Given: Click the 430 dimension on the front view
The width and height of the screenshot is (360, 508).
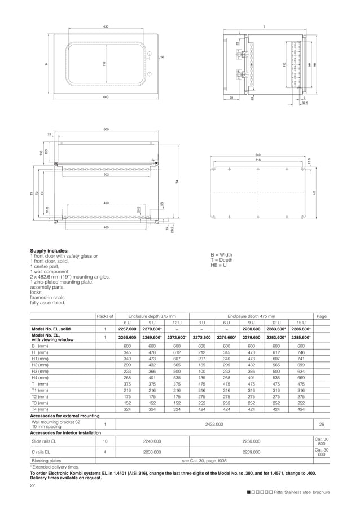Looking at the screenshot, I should click(x=106, y=26).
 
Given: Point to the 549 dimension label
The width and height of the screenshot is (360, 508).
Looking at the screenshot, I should click(x=258, y=154).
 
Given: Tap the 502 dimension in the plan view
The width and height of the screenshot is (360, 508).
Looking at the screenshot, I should click(x=106, y=175).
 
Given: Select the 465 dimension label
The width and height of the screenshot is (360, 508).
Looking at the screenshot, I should click(x=106, y=227).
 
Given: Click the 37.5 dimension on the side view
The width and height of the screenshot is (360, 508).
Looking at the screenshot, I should click(x=304, y=103).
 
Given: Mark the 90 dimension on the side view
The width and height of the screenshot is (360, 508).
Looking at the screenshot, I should click(x=231, y=98).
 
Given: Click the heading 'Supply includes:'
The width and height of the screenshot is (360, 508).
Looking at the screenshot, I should click(x=49, y=250).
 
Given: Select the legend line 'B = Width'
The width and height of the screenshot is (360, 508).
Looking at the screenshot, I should click(x=221, y=255).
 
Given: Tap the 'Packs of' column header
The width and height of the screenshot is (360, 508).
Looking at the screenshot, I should click(x=105, y=317).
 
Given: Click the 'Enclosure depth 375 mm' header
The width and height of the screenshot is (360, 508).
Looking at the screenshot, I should click(x=152, y=317).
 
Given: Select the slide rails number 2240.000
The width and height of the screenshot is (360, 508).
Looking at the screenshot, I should click(x=152, y=441).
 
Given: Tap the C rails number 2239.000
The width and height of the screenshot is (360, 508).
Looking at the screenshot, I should click(x=251, y=452).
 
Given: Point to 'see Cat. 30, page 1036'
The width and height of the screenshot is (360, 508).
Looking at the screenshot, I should click(x=204, y=461).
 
